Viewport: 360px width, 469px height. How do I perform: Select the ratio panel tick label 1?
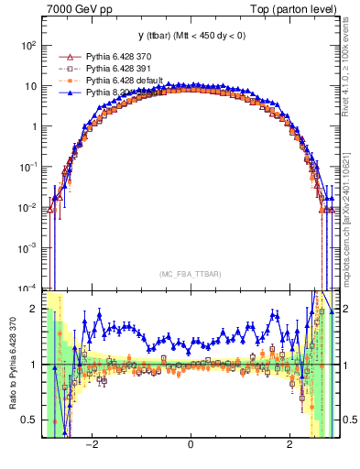35,365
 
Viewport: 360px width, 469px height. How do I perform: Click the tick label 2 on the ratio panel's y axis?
35,309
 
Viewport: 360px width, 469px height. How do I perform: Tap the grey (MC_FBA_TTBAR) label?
190,275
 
